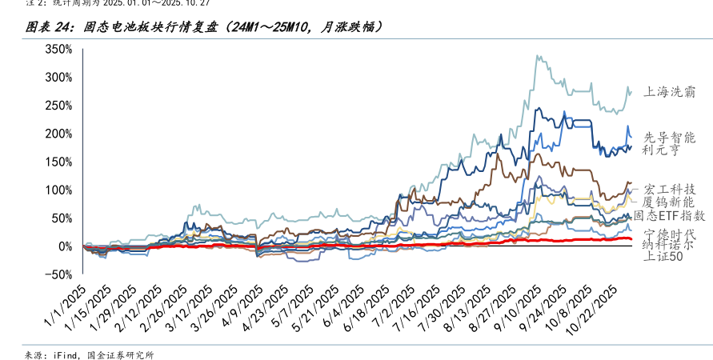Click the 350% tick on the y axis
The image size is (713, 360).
58,49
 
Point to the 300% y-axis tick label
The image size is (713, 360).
58,78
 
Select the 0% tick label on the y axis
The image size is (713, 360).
66,246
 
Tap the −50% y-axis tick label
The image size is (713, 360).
58,274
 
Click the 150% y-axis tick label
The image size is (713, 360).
58,162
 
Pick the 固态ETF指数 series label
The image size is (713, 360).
670,215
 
